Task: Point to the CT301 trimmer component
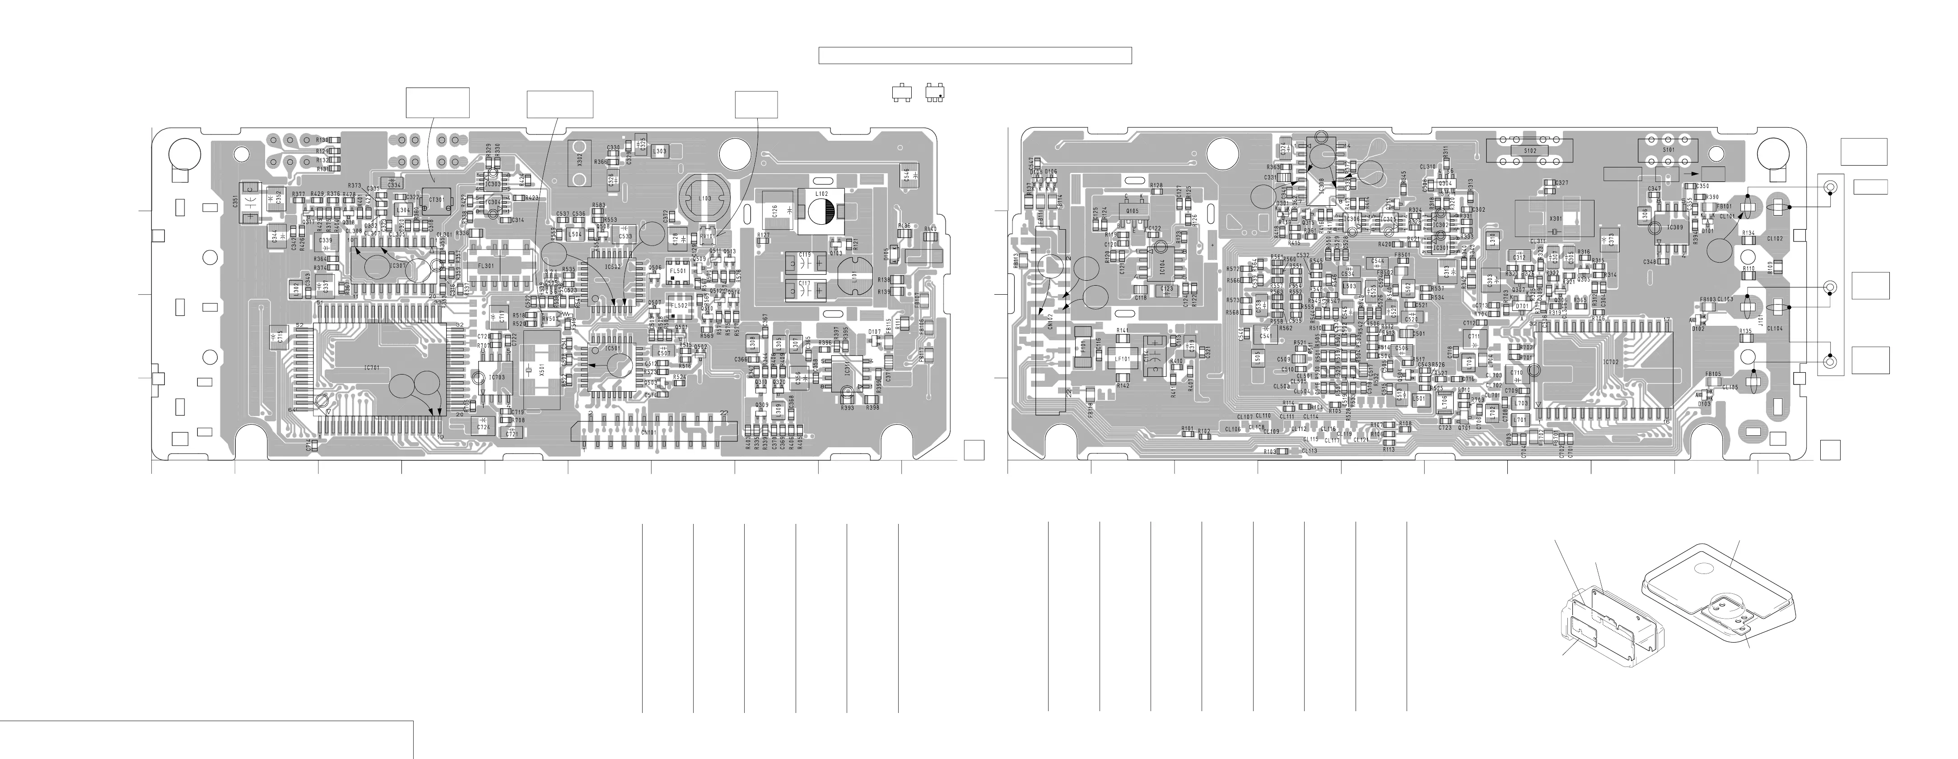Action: [437, 199]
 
